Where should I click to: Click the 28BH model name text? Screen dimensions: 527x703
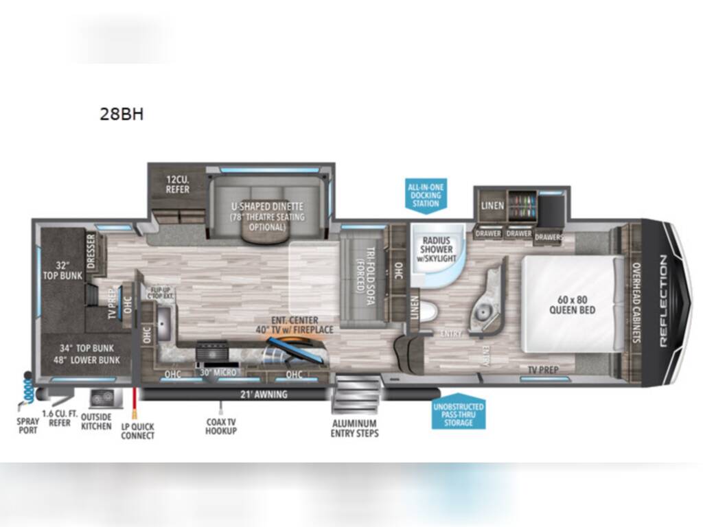[122, 115]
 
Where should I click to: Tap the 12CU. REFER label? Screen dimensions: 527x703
[176, 185]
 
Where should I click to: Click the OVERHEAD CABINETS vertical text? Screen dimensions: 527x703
[636, 303]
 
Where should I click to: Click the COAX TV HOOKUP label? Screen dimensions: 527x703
[221, 426]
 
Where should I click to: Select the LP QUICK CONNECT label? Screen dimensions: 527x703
[137, 431]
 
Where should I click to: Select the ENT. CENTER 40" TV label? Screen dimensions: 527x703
[292, 325]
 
